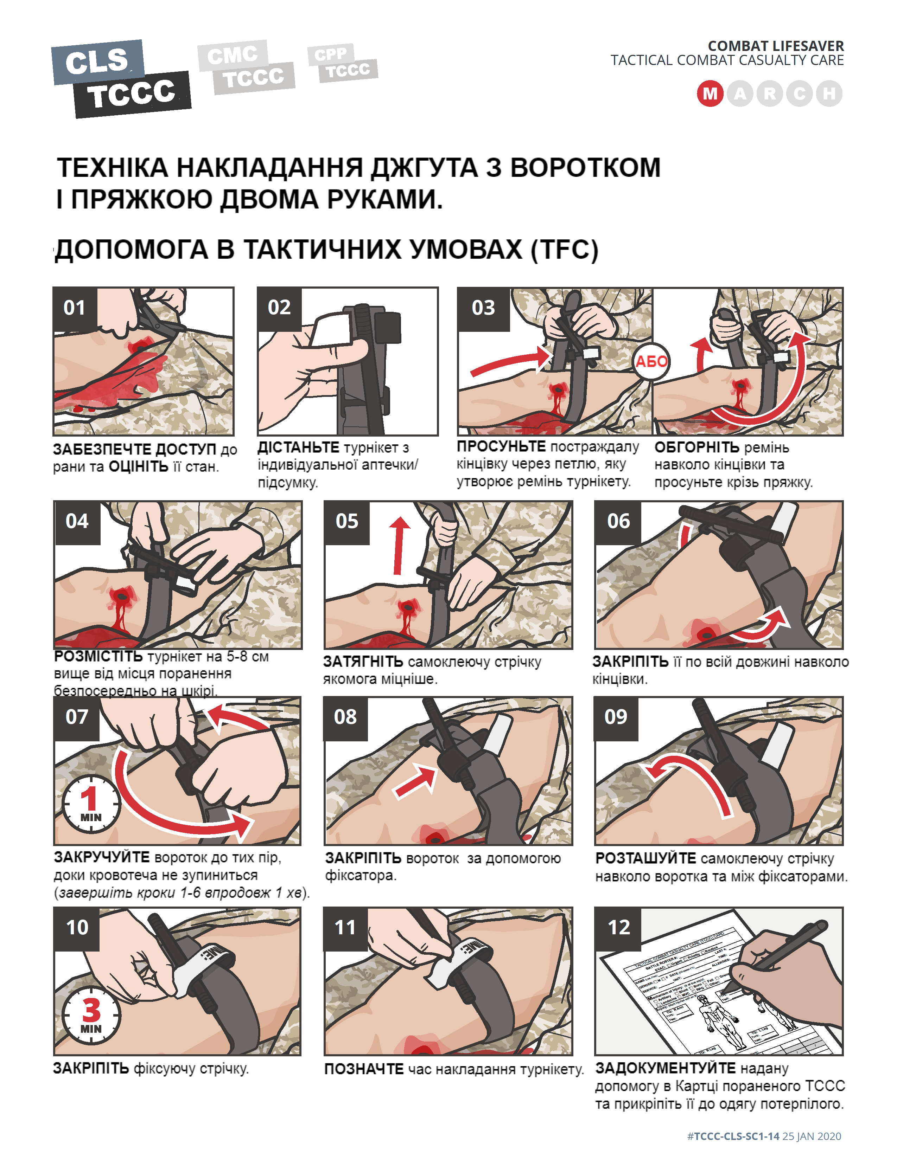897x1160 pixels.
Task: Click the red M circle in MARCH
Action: pos(710,94)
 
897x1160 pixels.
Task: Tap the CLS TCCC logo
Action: pos(121,78)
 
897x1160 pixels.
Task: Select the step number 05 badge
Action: pos(346,522)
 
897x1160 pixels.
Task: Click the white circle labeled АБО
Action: pos(651,362)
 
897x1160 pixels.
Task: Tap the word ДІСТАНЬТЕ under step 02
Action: pos(298,447)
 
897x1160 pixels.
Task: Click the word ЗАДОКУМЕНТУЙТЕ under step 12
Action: pos(665,1068)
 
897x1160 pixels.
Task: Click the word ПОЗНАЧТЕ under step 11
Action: pos(364,1069)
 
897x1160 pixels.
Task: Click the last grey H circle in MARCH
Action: pos(829,94)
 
